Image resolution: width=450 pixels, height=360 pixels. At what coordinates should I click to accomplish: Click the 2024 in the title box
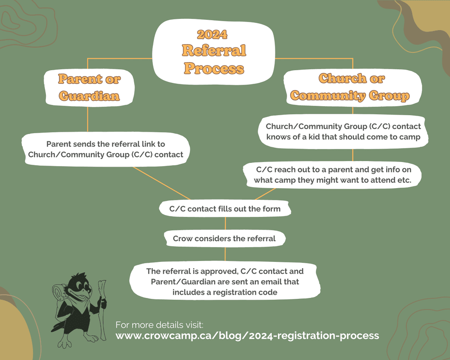(212, 35)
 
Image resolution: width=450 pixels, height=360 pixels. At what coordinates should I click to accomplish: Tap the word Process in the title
(214, 68)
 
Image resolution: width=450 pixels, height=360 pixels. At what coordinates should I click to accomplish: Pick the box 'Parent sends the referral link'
(106, 149)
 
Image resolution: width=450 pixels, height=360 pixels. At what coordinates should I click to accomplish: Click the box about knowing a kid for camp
(343, 132)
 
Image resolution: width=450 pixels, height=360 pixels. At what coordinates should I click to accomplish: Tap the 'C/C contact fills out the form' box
(225, 209)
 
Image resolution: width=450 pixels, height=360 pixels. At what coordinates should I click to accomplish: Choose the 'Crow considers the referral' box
(224, 238)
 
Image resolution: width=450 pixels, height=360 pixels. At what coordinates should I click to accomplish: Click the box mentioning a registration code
(225, 282)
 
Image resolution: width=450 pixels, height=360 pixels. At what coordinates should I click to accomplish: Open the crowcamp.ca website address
(247, 336)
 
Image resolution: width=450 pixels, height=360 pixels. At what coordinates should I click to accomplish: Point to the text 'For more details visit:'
(159, 324)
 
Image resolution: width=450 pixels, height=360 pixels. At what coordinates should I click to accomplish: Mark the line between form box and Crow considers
(225, 223)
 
